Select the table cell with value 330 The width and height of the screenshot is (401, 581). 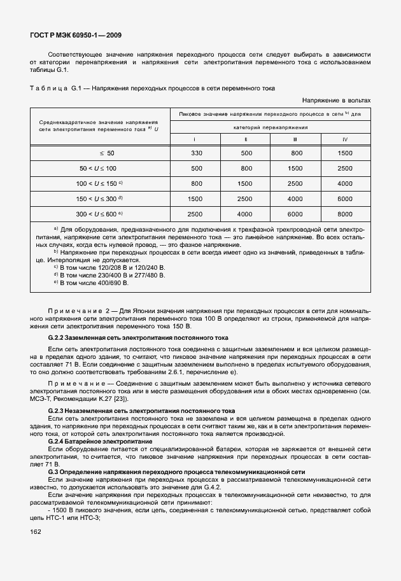pyautogui.click(x=195, y=153)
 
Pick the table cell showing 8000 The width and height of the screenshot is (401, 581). pyautogui.click(x=345, y=214)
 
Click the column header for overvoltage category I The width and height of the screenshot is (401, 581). pyautogui.click(x=195, y=139)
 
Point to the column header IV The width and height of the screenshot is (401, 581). pyautogui.click(x=345, y=139)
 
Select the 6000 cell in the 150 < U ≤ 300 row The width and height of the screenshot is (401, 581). pyautogui.click(x=345, y=199)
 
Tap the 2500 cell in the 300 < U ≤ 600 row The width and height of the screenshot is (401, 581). pyautogui.click(x=195, y=214)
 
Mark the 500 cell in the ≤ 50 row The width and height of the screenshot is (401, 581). pyautogui.click(x=246, y=153)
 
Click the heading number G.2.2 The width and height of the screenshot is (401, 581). pyautogui.click(x=59, y=337)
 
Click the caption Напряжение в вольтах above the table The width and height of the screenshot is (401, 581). pyautogui.click(x=336, y=101)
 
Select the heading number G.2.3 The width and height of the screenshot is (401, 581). pyautogui.click(x=59, y=410)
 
